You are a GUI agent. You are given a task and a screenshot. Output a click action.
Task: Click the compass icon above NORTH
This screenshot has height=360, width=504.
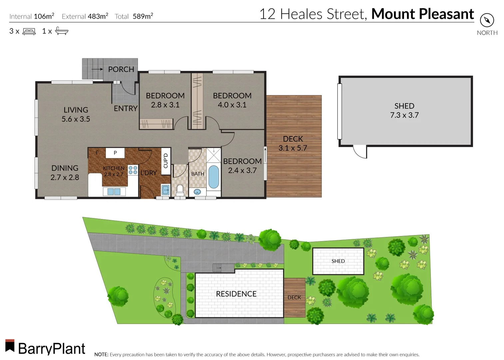pyautogui.click(x=487, y=20)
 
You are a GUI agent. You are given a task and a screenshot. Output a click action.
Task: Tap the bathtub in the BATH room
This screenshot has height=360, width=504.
pyautogui.click(x=214, y=177)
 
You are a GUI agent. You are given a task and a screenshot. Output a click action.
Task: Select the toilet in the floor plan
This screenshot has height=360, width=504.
pyautogui.click(x=180, y=190)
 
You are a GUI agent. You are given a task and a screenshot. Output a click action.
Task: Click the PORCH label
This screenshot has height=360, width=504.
pyautogui.click(x=121, y=69)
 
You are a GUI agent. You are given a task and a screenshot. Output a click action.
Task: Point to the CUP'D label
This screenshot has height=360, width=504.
pyautogui.click(x=166, y=161)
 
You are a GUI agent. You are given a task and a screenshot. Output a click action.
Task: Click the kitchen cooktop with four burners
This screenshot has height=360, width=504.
pyautogui.click(x=133, y=170)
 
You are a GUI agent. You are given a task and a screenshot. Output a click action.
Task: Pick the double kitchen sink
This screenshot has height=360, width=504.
pyautogui.click(x=114, y=191)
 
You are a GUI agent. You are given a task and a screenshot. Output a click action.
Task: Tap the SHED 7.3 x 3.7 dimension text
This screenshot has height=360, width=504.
pyautogui.click(x=404, y=115)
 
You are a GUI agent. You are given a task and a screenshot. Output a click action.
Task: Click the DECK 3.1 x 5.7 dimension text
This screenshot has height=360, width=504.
pyautogui.click(x=293, y=148)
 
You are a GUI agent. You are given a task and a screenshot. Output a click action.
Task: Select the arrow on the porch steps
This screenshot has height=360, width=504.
pyautogui.click(x=97, y=69)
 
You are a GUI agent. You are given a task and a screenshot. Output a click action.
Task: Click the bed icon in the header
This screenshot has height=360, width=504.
pyautogui.click(x=29, y=31)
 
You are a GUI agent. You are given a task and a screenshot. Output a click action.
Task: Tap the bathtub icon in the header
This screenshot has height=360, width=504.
pyautogui.click(x=62, y=31)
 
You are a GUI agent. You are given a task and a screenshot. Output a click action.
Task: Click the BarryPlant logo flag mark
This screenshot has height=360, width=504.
pyautogui.click(x=10, y=346)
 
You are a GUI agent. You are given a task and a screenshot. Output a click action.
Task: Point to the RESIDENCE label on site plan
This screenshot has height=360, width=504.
pyautogui.click(x=236, y=294)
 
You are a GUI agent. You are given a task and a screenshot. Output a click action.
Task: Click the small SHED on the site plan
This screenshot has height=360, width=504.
pyautogui.click(x=338, y=261)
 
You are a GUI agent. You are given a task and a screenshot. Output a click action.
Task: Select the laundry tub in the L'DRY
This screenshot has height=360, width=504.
pyautogui.click(x=166, y=190)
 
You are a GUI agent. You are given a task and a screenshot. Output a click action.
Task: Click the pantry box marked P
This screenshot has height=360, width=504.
pyautogui.click(x=115, y=153)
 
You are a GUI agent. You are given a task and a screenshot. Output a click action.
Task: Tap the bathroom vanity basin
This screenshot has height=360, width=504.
pyautogui.click(x=197, y=192)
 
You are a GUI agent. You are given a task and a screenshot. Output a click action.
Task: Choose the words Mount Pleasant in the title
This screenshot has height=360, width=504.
pyautogui.click(x=422, y=14)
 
